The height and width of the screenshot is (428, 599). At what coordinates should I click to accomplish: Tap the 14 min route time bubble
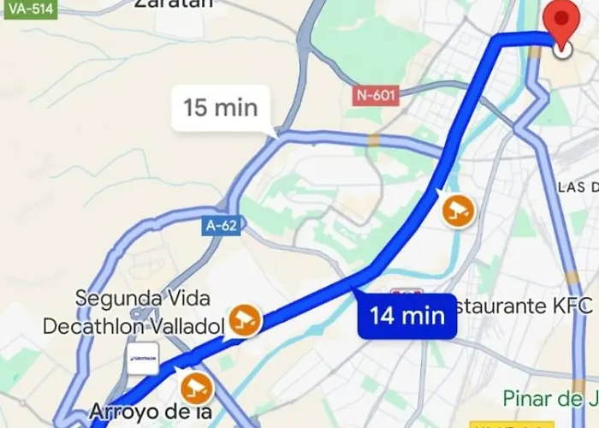coord(407,315)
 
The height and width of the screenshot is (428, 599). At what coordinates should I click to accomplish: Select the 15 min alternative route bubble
coord(221,108)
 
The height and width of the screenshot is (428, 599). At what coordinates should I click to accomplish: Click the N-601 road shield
coord(376,95)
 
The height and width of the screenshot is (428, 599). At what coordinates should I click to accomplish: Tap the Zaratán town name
coord(173,4)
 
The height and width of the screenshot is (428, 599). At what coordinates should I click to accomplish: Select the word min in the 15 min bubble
coord(235,108)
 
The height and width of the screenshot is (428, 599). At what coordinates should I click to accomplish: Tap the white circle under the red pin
coord(562,50)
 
